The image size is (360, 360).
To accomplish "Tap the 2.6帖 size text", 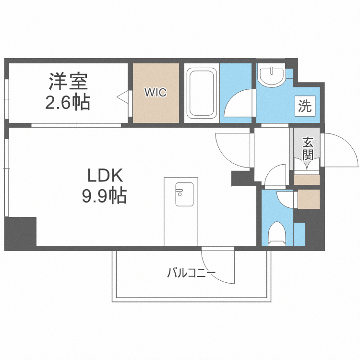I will pyautogui.click(x=68, y=102).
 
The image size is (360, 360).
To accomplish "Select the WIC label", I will pyautogui.click(x=156, y=93).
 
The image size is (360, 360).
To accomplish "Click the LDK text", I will pyautogui.click(x=105, y=176).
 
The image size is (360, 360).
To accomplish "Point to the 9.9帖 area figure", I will pyautogui.click(x=105, y=195).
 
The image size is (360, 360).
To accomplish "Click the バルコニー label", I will pyautogui.click(x=191, y=274).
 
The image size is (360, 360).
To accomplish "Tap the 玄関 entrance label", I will pyautogui.click(x=308, y=148).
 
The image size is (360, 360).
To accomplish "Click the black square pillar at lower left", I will pyautogui.click(x=21, y=233).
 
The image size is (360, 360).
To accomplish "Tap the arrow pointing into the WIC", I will pyautogui.click(x=122, y=97).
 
